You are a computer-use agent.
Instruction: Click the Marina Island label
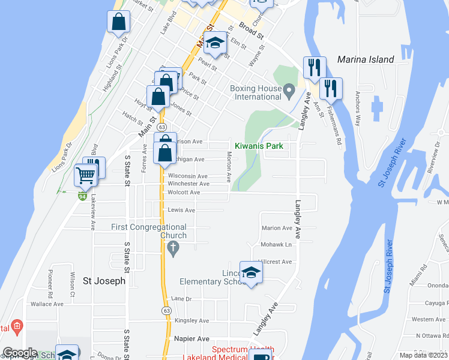coord(366,59)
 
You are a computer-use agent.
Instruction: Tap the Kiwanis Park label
coord(258,146)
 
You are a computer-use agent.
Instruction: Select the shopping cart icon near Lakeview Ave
coord(86,175)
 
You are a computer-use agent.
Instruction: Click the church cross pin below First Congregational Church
coord(173,248)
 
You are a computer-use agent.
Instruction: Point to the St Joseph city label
coord(104,280)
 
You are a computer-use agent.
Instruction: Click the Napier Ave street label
coord(191,338)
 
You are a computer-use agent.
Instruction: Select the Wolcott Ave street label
coord(184,193)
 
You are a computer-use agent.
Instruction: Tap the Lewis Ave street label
coord(181,211)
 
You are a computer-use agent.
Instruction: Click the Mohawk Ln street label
coord(276,245)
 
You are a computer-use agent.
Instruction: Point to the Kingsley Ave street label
coord(191,321)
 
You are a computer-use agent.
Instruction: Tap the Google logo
coord(20,353)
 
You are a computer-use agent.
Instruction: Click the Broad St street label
coord(252,32)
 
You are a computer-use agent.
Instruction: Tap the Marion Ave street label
coord(277,228)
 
